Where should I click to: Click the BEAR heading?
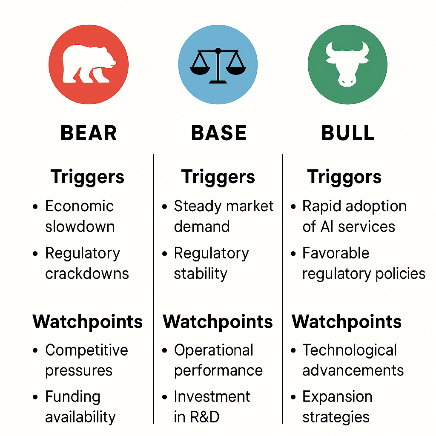coord(89,133)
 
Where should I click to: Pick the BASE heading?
coord(218,133)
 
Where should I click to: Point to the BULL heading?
coord(348,133)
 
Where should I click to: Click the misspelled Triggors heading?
coord(344,177)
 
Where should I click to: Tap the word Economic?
coord(80,206)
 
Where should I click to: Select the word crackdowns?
coord(87,273)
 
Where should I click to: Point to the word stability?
coord(201,273)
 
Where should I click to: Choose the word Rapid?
coord(321,206)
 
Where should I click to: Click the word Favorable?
coord(336,253)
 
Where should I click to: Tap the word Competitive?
coord(86,350)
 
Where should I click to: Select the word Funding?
coord(73,397)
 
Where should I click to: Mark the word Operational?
coord(214,350)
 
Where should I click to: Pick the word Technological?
coord(350,350)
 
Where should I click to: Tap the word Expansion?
coord(337,397)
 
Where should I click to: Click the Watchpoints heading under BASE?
coord(218,321)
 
